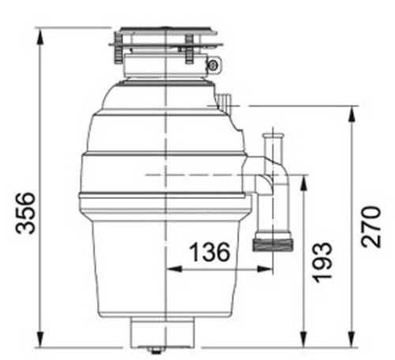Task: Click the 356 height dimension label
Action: (25, 213)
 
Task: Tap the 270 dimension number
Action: (371, 227)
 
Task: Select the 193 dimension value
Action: (322, 262)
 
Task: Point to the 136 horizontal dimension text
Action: (210, 252)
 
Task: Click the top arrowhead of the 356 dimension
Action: (40, 36)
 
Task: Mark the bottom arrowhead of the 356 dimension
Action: (40, 339)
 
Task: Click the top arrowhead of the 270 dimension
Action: (352, 114)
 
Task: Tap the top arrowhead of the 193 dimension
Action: (304, 183)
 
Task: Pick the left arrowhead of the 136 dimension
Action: (175, 269)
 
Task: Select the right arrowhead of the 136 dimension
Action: (265, 269)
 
